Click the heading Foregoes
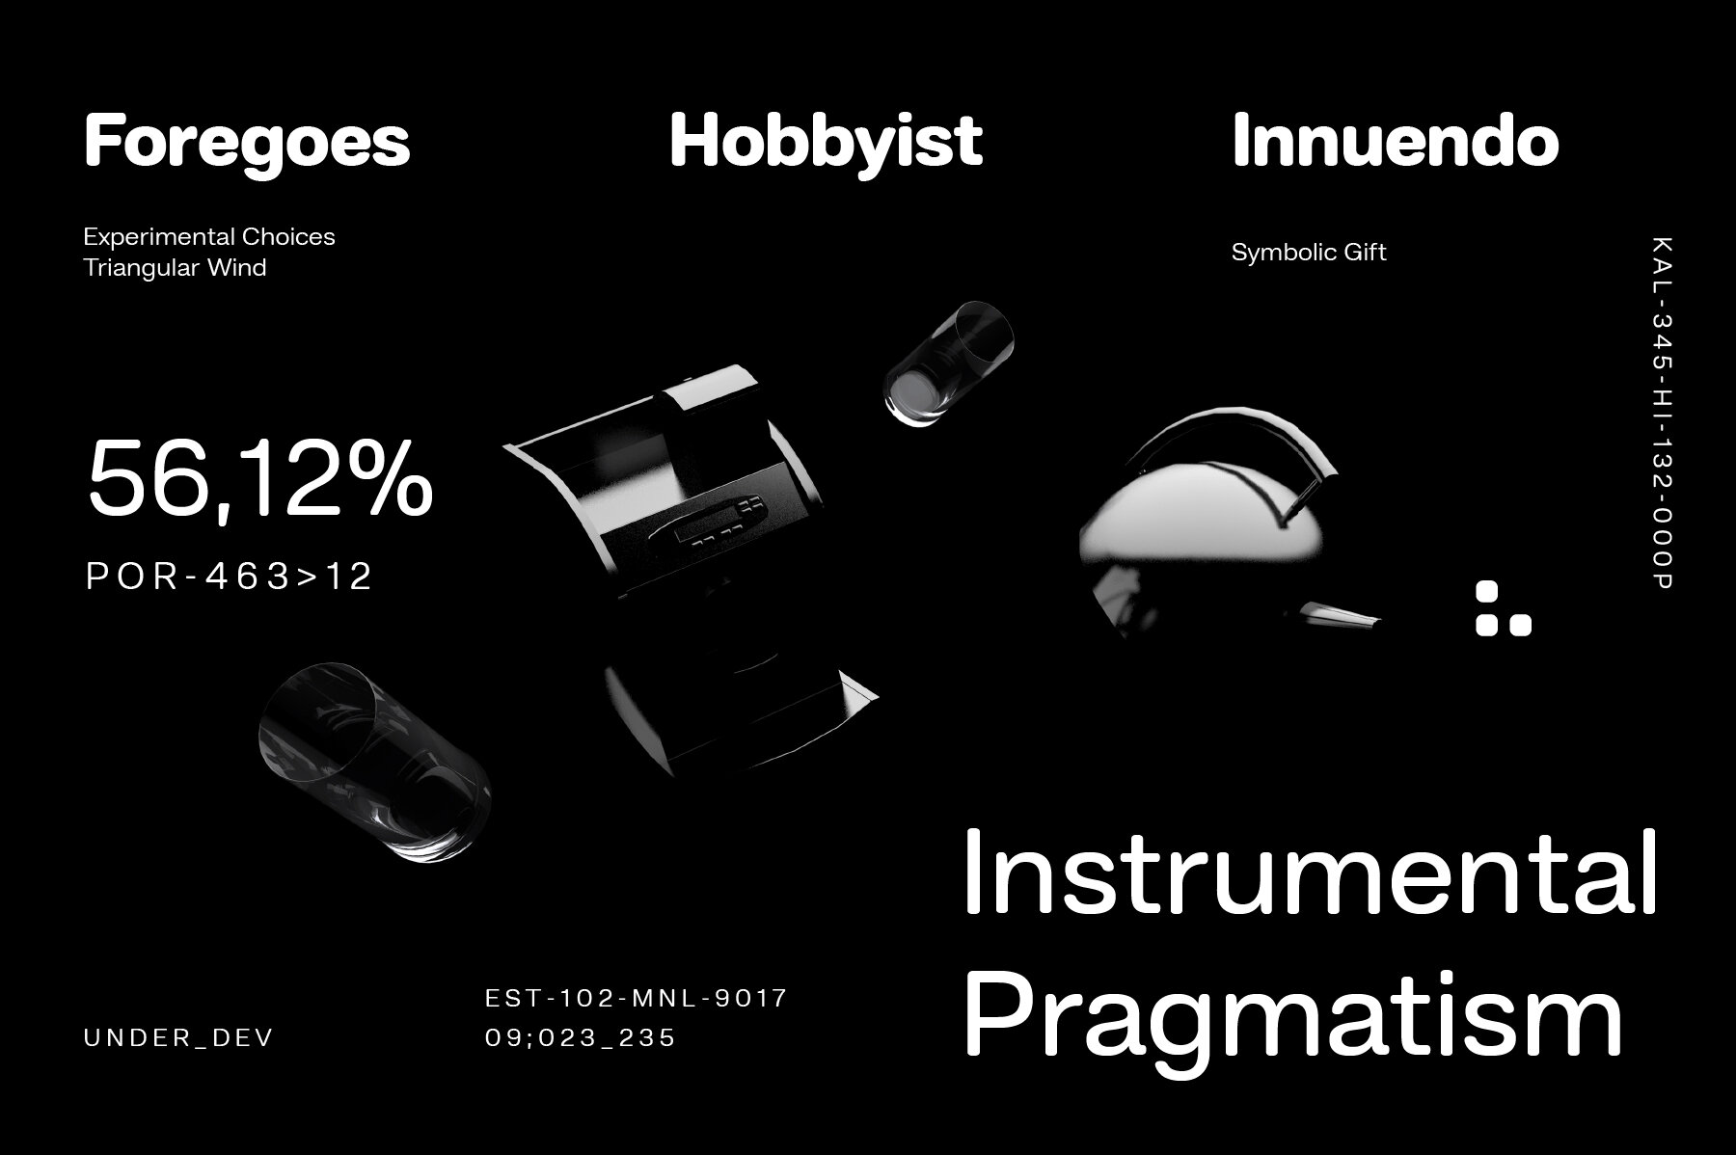click(248, 143)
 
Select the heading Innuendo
click(1396, 142)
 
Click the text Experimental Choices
click(209, 237)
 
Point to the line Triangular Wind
click(175, 268)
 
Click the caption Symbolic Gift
click(1309, 253)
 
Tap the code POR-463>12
click(230, 577)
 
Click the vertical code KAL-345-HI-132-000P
click(1664, 413)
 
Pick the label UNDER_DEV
click(179, 1038)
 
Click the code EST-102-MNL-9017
click(637, 998)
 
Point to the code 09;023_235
click(581, 1038)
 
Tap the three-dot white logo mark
click(1503, 608)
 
